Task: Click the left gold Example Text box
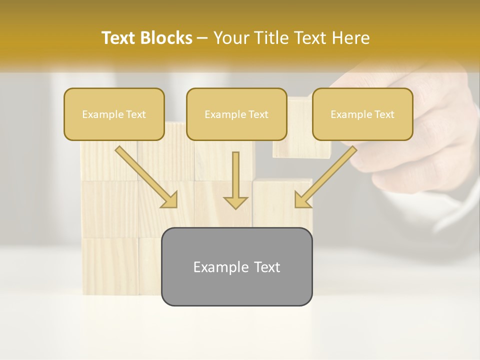pos(114,114)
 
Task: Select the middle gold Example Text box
pos(236,114)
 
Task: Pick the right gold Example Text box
pos(362,114)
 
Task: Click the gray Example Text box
pos(236,266)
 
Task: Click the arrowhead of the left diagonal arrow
pos(170,200)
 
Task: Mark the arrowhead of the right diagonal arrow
pos(302,200)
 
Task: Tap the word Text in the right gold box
pos(384,114)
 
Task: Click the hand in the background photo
pos(425,130)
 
